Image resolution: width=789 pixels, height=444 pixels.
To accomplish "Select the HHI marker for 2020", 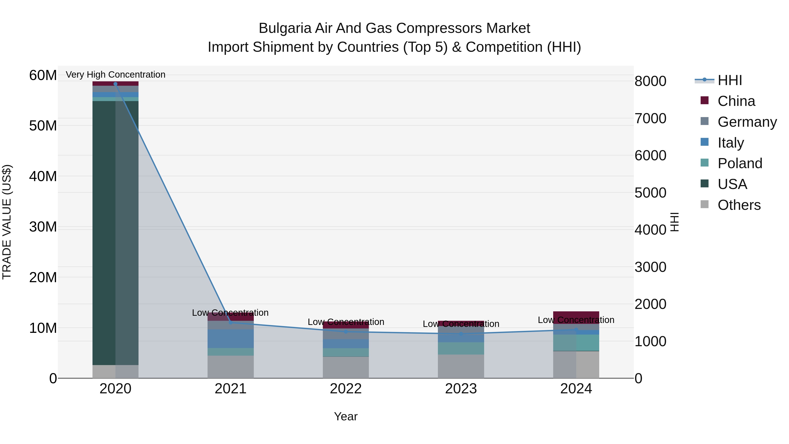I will (x=116, y=84).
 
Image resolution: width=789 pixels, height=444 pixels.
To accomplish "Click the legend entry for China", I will (x=736, y=101).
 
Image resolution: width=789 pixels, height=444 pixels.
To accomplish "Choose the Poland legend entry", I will (x=740, y=163).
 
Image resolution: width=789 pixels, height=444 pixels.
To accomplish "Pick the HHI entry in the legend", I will (x=730, y=80).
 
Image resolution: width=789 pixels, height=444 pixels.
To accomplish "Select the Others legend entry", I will (x=739, y=205).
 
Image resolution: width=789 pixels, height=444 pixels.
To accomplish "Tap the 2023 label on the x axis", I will (x=461, y=389).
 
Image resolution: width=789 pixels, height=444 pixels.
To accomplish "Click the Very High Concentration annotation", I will (x=116, y=75).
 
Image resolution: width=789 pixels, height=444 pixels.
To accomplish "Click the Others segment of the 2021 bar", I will (x=230, y=367).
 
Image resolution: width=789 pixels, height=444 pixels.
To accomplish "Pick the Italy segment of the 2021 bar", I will (x=230, y=339).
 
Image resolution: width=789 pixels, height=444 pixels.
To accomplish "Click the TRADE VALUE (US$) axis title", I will (x=7, y=222).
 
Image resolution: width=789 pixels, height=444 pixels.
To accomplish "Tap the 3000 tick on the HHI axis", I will (x=650, y=267).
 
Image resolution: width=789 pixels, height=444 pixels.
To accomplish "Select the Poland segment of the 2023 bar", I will (x=461, y=348).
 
